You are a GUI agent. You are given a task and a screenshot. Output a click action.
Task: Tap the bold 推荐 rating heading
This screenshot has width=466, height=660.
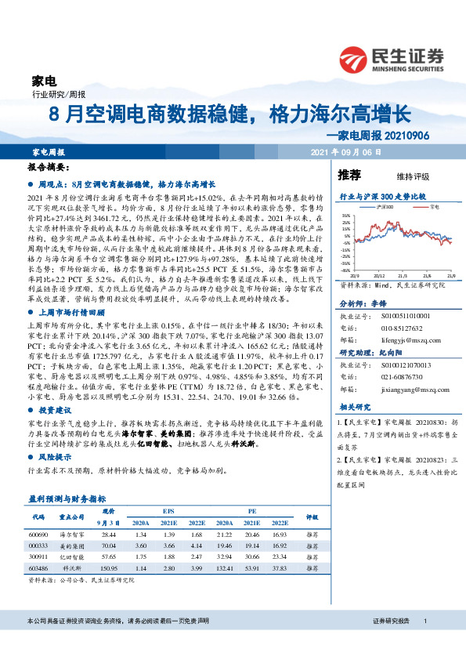[349, 173]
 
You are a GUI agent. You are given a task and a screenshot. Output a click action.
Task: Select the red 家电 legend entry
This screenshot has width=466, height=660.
[432, 207]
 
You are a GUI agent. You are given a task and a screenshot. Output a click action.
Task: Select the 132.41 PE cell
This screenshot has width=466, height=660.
[224, 567]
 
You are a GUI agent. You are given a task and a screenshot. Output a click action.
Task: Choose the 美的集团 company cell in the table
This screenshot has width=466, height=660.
[72, 545]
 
